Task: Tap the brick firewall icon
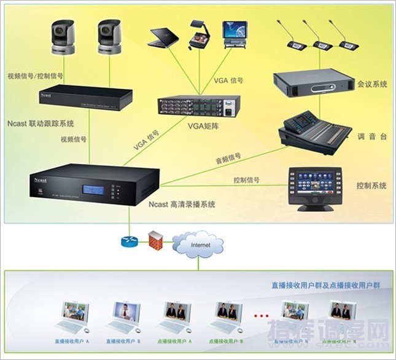click(x=157, y=241)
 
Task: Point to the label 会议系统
click(x=372, y=84)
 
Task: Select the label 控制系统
click(x=371, y=185)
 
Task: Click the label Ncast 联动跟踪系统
click(x=42, y=123)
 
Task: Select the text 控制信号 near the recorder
click(x=246, y=181)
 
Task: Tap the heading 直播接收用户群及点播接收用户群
click(x=325, y=286)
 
